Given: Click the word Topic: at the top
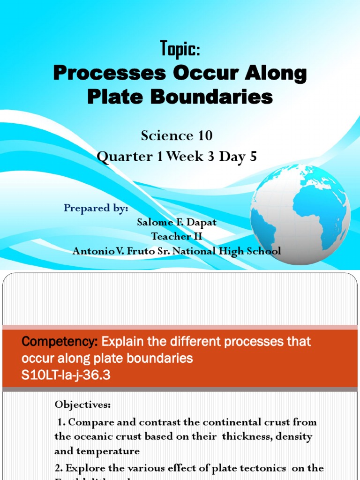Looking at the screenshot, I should tap(180, 48).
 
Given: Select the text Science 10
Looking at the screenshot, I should tap(177, 136).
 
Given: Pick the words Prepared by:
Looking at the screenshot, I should tap(96, 209).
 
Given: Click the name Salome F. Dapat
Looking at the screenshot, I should tap(177, 222).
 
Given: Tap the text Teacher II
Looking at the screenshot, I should tap(177, 236).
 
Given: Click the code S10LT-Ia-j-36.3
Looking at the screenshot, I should tap(66, 375).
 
